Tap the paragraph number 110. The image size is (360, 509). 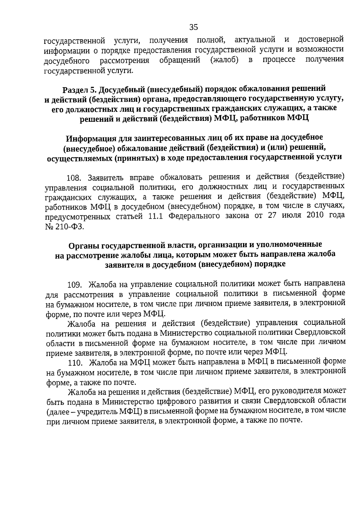(75, 363)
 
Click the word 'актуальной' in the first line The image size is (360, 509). (255, 40)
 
